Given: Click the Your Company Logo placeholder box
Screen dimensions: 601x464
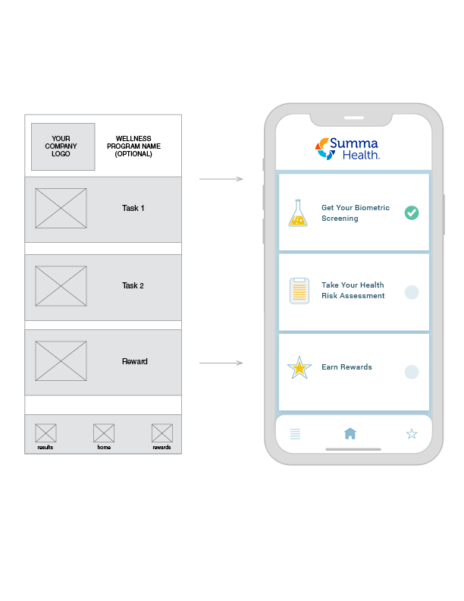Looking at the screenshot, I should tap(63, 146).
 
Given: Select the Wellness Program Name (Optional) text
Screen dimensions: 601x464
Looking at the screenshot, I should tap(133, 146).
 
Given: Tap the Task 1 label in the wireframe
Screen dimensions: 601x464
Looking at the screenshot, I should tap(133, 208).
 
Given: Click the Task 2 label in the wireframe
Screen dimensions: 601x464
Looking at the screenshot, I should tap(133, 286).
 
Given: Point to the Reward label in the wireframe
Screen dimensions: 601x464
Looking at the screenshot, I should tap(135, 362).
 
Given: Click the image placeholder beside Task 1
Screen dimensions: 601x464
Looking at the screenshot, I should tap(61, 208).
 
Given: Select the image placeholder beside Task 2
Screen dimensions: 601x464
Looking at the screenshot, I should tap(61, 286).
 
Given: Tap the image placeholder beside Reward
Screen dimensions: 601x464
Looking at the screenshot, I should tap(61, 362).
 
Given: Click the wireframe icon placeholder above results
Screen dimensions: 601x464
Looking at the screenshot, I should tap(45, 433).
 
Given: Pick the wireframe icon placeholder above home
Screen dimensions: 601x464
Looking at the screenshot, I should tap(104, 433).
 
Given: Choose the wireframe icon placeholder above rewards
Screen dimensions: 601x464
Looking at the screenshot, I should tap(161, 433).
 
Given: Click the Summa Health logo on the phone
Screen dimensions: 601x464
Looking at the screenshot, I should tap(347, 148).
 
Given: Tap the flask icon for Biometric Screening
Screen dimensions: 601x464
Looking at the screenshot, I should tap(299, 213).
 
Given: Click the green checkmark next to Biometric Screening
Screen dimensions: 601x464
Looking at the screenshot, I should tap(412, 213).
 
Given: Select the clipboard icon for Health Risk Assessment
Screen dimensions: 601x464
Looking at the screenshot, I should tap(299, 291).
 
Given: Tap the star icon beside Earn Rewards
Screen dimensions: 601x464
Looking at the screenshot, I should tap(299, 369).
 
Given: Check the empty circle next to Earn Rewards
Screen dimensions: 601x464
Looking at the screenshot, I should tap(412, 372).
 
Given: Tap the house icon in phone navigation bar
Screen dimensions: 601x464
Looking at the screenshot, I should tap(350, 433).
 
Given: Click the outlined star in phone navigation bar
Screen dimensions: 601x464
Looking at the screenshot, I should tap(412, 434).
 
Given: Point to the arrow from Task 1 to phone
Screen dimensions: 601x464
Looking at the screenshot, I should tap(221, 180).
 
